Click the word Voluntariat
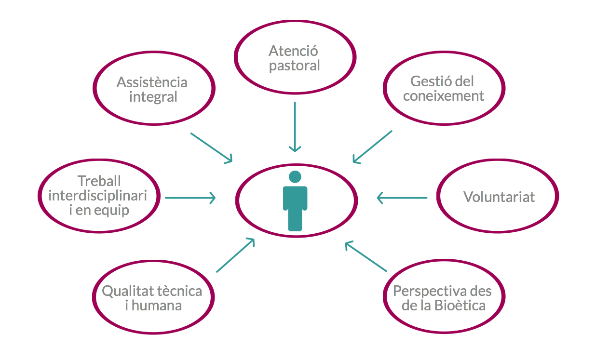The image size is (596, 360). [x=499, y=197]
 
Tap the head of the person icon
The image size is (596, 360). [x=295, y=177]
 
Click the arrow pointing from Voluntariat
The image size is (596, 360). [x=402, y=198]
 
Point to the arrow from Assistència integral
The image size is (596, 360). [x=212, y=147]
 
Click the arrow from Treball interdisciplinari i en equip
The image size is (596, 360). [x=190, y=198]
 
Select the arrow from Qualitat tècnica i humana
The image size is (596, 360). [x=235, y=255]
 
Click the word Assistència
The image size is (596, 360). [x=152, y=82]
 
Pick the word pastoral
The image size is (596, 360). [x=294, y=66]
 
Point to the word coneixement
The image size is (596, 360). [x=444, y=95]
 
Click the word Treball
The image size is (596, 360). [x=99, y=181]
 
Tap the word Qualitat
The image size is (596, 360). [x=128, y=291]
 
